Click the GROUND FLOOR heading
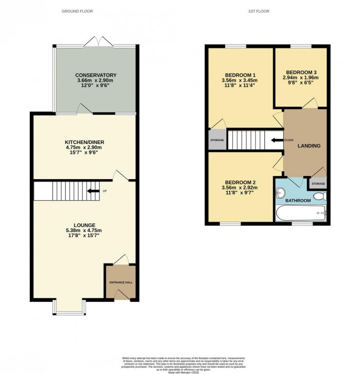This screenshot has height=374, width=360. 77,11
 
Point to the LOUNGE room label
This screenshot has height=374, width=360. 84,225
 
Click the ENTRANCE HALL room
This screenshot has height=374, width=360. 121,282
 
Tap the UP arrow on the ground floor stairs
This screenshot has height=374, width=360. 94,191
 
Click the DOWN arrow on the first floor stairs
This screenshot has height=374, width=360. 277,140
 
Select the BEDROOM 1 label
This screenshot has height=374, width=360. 239,75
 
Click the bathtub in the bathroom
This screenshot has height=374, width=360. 300,212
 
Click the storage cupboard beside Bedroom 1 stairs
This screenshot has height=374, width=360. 217,140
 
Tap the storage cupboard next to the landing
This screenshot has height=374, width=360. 318,183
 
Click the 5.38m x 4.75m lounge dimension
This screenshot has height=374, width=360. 84,230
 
